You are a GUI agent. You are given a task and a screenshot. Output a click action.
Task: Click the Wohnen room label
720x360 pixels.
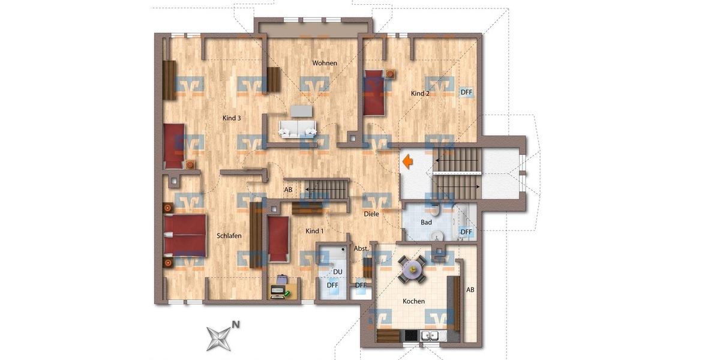coord(325,63)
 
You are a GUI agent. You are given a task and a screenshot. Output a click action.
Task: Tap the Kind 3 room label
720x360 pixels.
coord(232,118)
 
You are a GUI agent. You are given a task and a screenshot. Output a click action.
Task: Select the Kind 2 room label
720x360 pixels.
coord(420,94)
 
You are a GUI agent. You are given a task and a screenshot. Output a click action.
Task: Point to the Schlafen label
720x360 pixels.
coord(229,236)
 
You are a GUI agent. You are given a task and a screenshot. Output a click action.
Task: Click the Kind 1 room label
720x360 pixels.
coord(314,231)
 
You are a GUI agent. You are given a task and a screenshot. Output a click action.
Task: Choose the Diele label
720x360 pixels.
coord(371,214)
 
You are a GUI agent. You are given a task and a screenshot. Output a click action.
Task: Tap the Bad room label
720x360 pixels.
coord(426,223)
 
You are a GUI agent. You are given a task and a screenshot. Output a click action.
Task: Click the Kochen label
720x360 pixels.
coord(414,301)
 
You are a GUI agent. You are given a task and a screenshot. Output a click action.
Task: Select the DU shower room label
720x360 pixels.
coord(338,272)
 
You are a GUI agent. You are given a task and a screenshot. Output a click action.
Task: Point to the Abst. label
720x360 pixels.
coord(361,248)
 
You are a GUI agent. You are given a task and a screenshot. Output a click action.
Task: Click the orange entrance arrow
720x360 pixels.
coord(407,162)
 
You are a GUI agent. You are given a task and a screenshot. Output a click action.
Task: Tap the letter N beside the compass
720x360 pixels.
coord(236,325)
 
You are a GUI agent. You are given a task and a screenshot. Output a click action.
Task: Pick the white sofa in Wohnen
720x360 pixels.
coord(297,128)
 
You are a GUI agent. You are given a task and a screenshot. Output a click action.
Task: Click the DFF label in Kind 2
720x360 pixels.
coord(466,92)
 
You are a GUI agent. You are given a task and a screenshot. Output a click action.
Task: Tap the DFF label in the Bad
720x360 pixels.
coord(466,232)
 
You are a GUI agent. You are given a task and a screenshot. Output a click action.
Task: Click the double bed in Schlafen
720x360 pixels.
coord(184,235)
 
